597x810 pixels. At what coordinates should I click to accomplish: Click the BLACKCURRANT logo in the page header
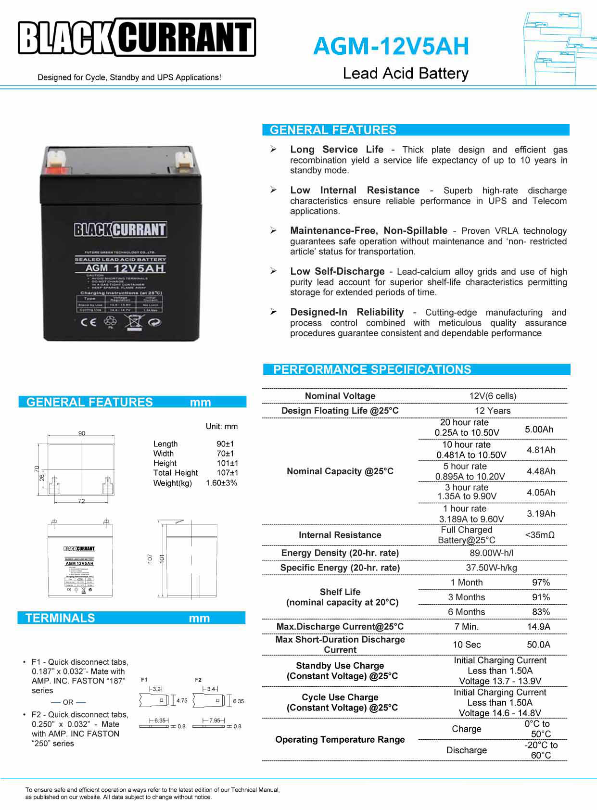pos(137,38)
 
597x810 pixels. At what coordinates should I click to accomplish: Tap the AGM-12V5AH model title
pos(391,46)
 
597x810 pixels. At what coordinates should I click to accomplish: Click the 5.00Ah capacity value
pos(539,429)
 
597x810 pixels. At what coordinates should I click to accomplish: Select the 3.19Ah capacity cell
pos(541,514)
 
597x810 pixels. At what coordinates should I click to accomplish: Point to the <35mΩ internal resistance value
pos(540,535)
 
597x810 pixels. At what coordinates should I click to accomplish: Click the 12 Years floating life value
pos(493,411)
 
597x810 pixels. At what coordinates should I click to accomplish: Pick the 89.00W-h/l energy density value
pos(492,553)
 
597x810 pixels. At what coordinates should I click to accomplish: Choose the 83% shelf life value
pos(541,612)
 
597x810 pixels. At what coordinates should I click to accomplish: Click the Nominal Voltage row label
pos(340,396)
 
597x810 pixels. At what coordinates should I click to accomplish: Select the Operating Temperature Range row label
pos(340,739)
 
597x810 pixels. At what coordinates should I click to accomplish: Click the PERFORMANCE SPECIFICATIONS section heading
pos(372,369)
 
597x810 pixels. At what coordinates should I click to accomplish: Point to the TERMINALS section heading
pos(60,618)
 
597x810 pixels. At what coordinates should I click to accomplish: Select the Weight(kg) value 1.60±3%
pos(221,483)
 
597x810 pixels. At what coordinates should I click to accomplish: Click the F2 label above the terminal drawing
pos(198,680)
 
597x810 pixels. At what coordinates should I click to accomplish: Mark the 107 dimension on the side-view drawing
pos(150,558)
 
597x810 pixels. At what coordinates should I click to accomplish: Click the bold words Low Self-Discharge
pos(337,271)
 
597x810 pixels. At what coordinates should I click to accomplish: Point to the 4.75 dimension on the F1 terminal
pos(182,701)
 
